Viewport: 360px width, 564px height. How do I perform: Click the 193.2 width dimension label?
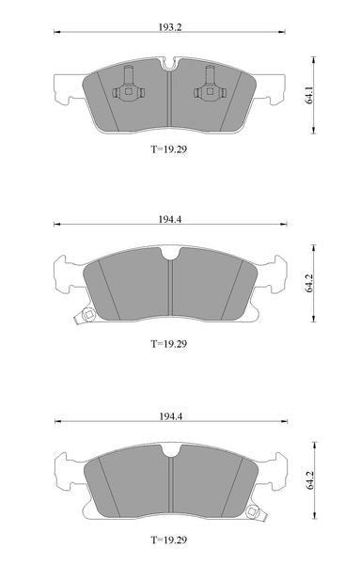click(x=170, y=27)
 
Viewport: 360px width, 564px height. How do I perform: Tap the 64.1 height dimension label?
click(x=309, y=95)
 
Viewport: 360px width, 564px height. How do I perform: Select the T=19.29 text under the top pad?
click(x=168, y=149)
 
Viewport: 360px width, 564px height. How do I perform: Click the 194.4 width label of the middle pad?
click(x=170, y=219)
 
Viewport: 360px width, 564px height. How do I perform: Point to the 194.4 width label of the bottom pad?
click(x=170, y=416)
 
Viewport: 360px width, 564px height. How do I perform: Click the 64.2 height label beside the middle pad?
click(x=309, y=283)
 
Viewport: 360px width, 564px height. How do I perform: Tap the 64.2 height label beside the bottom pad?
click(x=309, y=479)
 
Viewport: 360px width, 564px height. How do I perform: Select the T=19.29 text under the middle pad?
click(x=168, y=343)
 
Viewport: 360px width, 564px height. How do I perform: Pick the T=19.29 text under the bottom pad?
click(x=168, y=540)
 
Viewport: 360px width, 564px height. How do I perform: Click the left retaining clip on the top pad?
click(x=129, y=86)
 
